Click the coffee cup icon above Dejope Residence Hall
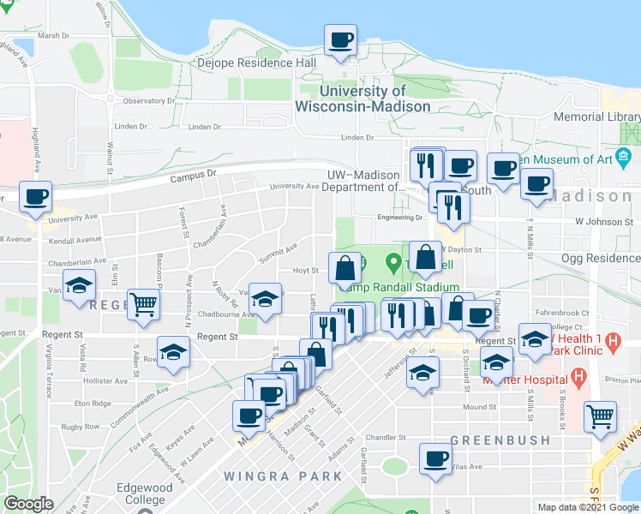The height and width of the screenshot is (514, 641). [340, 39]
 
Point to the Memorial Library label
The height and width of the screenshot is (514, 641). [596, 117]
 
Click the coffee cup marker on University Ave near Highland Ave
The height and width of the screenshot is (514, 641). [36, 197]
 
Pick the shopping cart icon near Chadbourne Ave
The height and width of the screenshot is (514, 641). [143, 303]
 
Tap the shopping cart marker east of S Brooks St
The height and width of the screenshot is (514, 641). [600, 417]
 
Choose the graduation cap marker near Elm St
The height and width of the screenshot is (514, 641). [79, 284]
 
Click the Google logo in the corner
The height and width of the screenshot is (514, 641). [28, 503]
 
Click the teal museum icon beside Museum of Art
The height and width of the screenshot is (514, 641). [623, 158]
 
